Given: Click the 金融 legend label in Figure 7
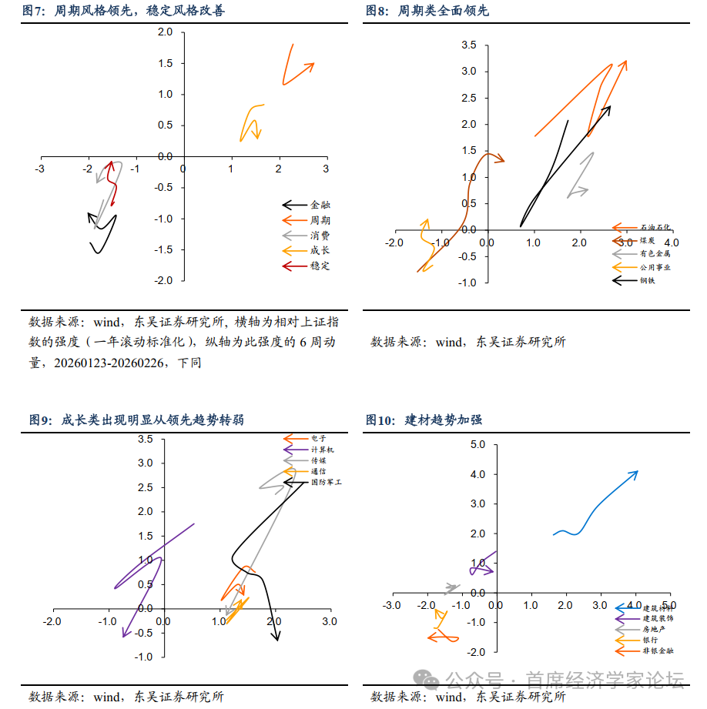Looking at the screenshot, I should coord(320,206).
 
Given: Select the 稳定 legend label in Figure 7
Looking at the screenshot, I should coord(320,266).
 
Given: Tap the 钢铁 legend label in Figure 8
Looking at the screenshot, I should coord(648,280).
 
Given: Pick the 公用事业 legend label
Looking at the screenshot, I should coord(655,267).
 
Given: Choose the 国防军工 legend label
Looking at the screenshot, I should coord(326,482).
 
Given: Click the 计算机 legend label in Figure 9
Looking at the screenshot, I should coord(323,449).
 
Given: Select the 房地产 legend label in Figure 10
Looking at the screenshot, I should coord(654,629).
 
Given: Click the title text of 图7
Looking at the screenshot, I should coord(123,11).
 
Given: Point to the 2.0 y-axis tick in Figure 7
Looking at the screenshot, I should coord(165,32).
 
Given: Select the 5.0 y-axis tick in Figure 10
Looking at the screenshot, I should coord(477,445).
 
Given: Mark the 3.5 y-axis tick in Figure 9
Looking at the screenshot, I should coord(145,440).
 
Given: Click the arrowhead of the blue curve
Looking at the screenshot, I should coord(635,473).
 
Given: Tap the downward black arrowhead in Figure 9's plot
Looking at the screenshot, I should coord(276,635).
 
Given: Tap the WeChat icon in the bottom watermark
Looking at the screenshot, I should coord(427,678).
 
